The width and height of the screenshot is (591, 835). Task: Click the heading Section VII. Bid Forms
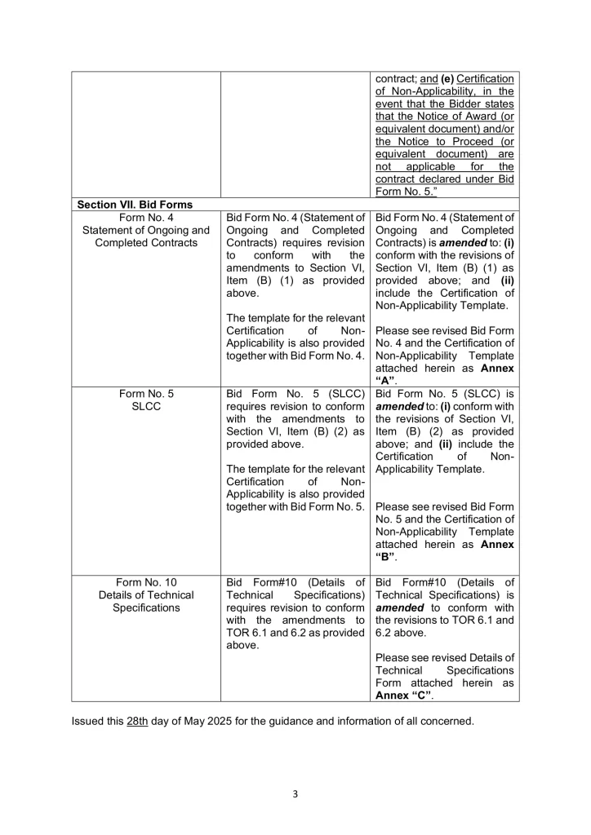click(134, 204)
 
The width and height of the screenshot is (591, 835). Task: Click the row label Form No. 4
click(146, 217)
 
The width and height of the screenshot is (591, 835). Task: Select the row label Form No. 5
click(146, 393)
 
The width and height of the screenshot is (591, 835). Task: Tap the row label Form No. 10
click(146, 581)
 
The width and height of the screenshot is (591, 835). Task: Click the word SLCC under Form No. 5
click(146, 406)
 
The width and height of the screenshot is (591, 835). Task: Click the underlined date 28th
click(136, 721)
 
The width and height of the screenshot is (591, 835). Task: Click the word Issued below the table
click(88, 721)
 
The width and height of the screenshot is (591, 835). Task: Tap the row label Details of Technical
click(146, 594)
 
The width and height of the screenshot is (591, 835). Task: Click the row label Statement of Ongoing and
click(146, 230)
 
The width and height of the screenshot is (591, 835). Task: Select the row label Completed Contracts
click(146, 243)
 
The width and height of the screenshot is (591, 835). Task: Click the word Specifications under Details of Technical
click(146, 607)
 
